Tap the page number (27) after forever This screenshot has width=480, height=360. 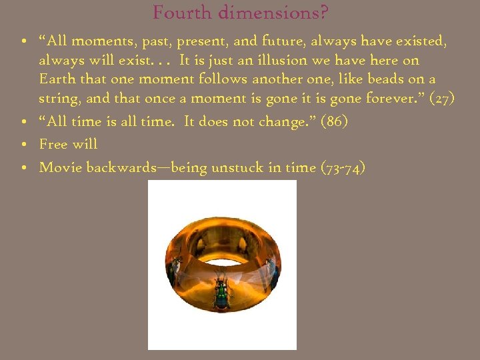coord(443,99)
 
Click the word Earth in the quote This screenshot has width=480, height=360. coord(57,79)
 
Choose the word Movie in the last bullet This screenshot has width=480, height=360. coord(58,167)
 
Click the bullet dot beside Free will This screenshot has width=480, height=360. coord(23,145)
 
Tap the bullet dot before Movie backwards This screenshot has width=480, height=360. coord(23,168)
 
